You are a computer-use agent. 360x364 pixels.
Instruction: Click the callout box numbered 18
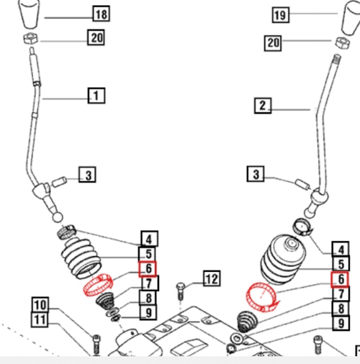point(101,14)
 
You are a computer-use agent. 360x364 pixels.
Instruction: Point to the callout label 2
point(263,106)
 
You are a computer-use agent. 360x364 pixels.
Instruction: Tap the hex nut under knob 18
point(31,39)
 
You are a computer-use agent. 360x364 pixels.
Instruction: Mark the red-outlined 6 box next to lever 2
point(339,279)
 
